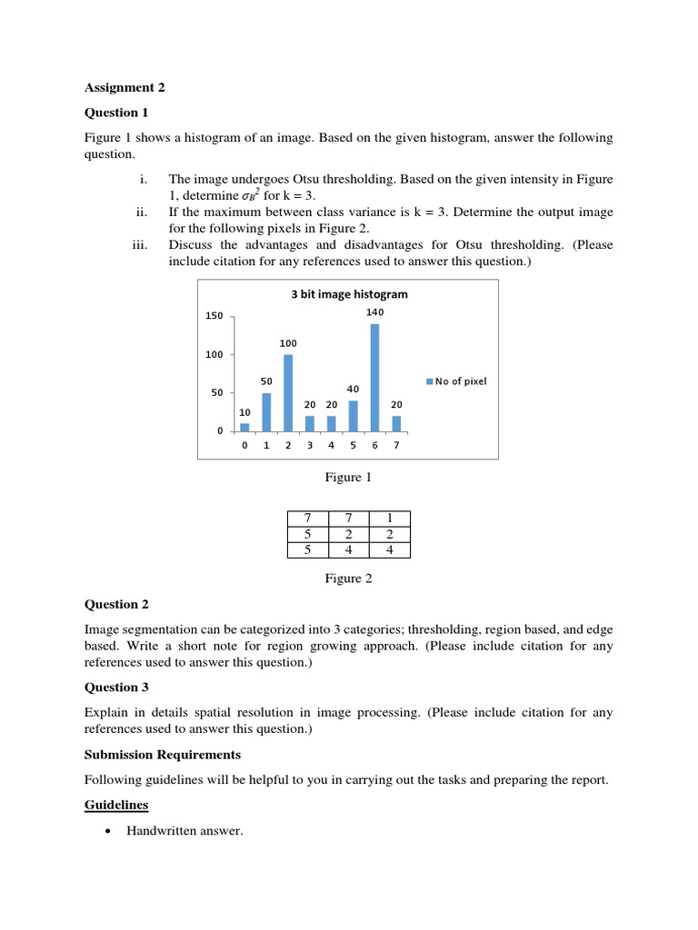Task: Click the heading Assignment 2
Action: [x=125, y=88]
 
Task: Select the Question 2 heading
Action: [x=116, y=604]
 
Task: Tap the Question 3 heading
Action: [x=116, y=688]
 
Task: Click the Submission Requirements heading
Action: [x=163, y=755]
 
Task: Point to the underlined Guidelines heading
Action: [x=116, y=805]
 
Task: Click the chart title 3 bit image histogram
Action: [x=349, y=294]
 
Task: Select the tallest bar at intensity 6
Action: [x=374, y=377]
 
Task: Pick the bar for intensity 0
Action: [x=244, y=427]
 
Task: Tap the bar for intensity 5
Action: [x=353, y=415]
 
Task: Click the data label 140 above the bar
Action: [x=374, y=312]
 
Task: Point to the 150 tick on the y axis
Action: [x=214, y=316]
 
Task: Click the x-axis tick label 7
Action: [x=396, y=446]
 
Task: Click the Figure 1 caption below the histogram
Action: [x=349, y=477]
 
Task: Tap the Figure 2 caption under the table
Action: [x=349, y=578]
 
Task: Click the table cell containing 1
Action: [x=389, y=518]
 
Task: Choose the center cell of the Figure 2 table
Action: [x=348, y=534]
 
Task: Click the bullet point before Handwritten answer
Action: [x=109, y=831]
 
